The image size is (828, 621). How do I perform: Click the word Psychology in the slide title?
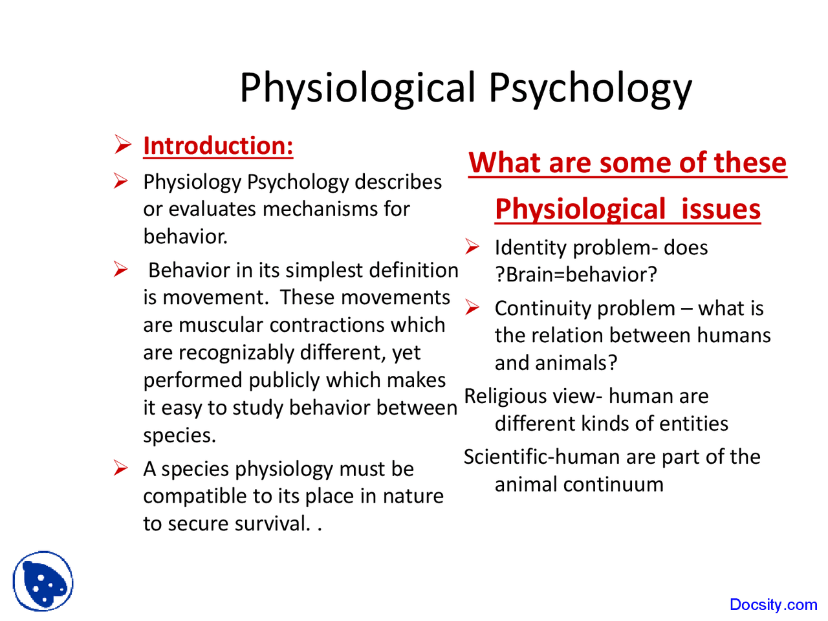point(589,88)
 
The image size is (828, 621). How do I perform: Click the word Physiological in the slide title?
point(358,88)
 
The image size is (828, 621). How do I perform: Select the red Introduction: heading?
point(218,146)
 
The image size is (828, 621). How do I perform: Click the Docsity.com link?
point(773,604)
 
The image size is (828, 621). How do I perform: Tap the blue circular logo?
point(43,581)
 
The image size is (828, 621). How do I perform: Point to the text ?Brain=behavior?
point(576,275)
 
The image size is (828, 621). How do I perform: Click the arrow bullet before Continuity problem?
point(472,308)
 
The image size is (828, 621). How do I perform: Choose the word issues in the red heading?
point(721,210)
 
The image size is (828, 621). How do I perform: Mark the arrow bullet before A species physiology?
point(122,468)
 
